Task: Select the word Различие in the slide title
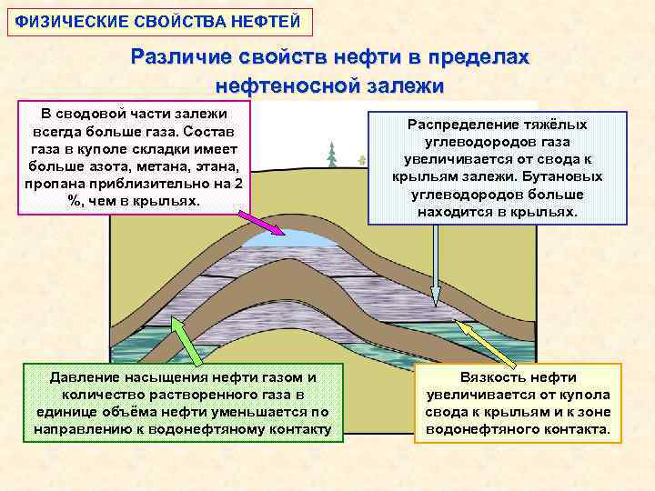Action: point(182,57)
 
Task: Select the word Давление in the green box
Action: point(82,376)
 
